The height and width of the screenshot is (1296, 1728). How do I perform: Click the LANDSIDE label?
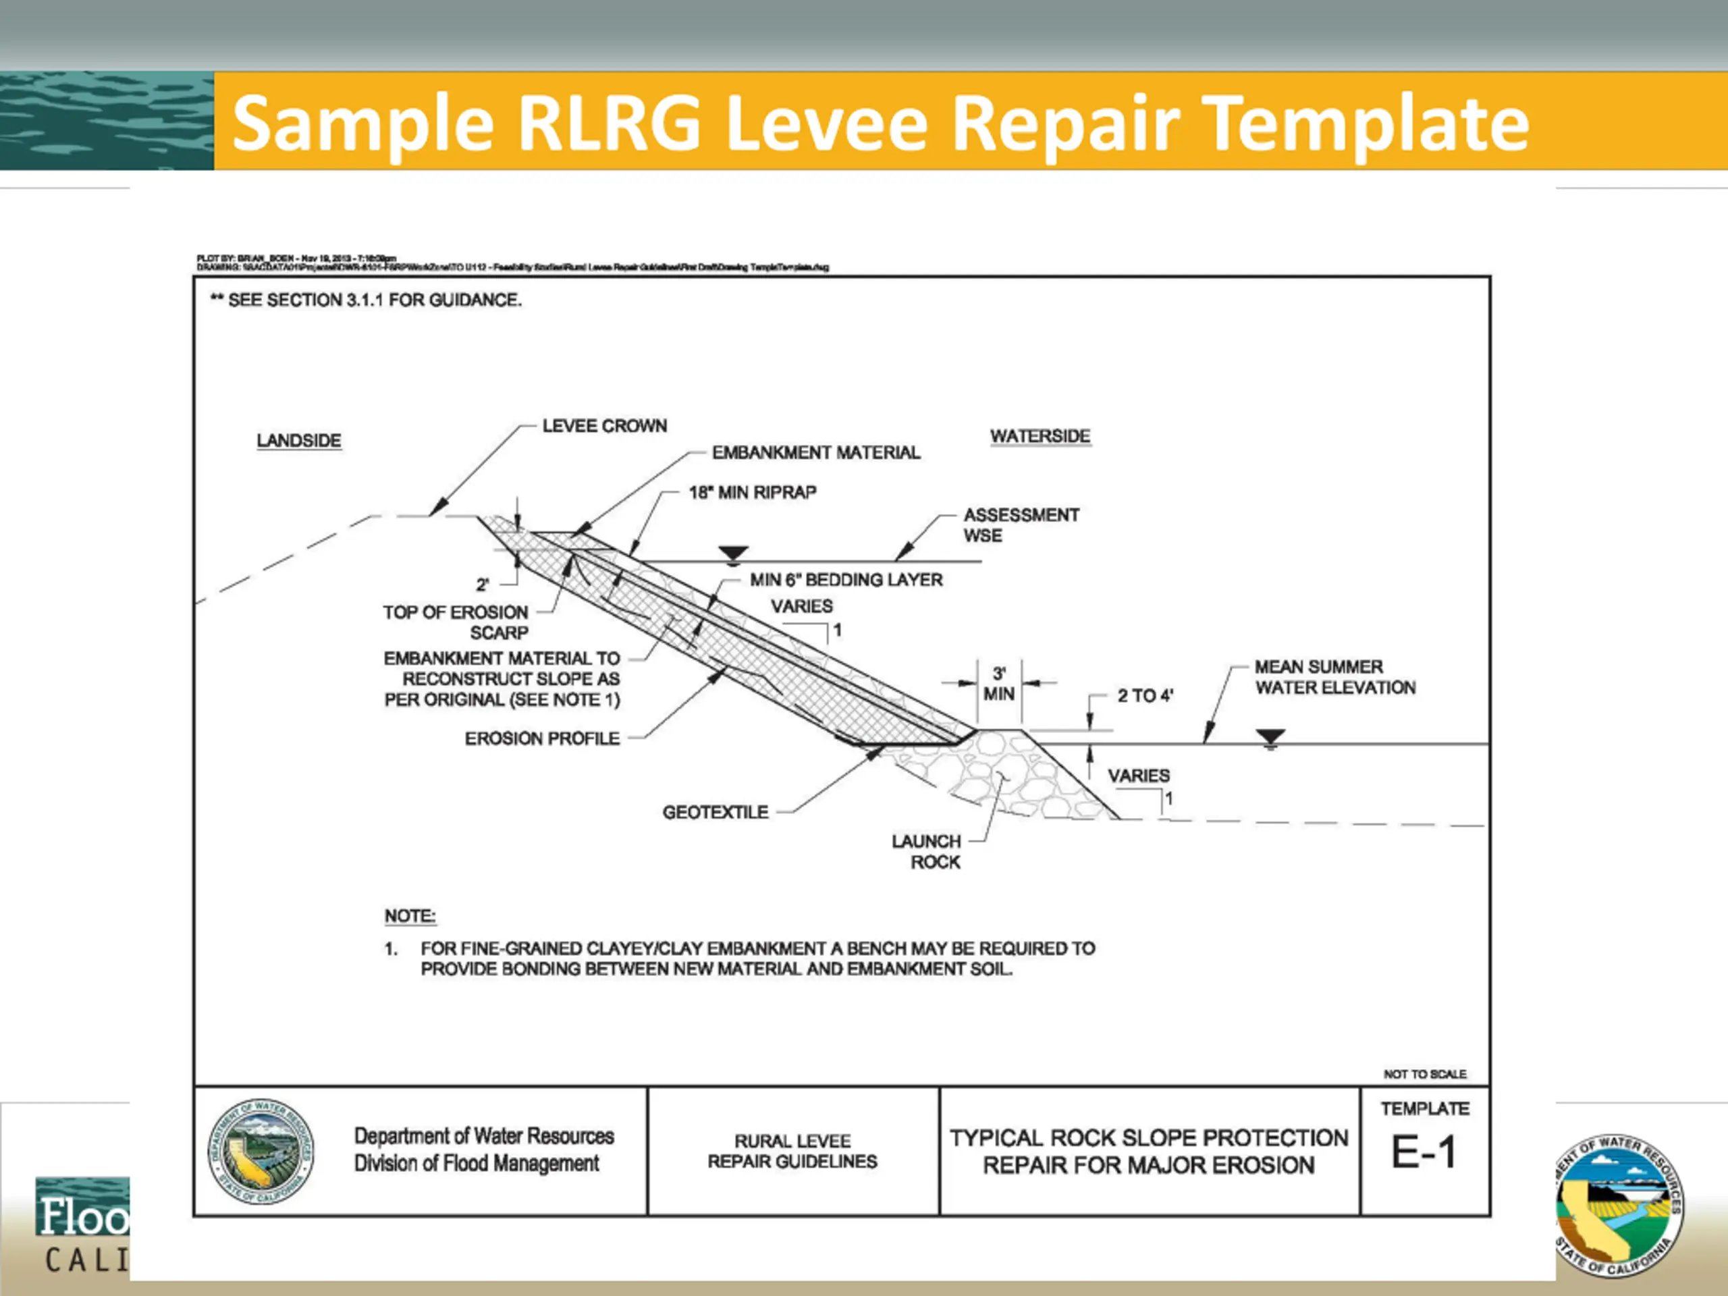click(298, 441)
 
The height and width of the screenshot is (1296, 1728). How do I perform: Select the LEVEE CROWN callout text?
click(605, 426)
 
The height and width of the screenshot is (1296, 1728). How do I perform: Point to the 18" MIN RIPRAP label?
click(753, 492)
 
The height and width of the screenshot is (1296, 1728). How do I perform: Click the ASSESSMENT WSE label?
click(1021, 525)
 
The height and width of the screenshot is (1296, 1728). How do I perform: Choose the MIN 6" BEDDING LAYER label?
click(846, 580)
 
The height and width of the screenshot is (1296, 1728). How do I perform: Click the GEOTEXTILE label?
click(715, 813)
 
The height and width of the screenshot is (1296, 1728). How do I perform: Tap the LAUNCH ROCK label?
click(927, 851)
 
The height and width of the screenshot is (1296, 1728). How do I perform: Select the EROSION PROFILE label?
click(542, 738)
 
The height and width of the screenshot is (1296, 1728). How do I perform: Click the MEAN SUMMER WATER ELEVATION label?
click(1334, 677)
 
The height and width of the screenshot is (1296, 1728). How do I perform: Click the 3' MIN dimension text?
click(999, 684)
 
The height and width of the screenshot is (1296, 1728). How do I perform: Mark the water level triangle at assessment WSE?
click(733, 554)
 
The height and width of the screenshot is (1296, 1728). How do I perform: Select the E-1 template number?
click(1424, 1152)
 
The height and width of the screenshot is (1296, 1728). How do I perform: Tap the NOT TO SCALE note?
click(1425, 1074)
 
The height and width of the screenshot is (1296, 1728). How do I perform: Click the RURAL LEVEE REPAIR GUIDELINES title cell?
click(792, 1152)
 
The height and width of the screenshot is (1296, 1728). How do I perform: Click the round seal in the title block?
click(261, 1152)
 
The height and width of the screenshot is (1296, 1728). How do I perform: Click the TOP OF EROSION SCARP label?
click(456, 622)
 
